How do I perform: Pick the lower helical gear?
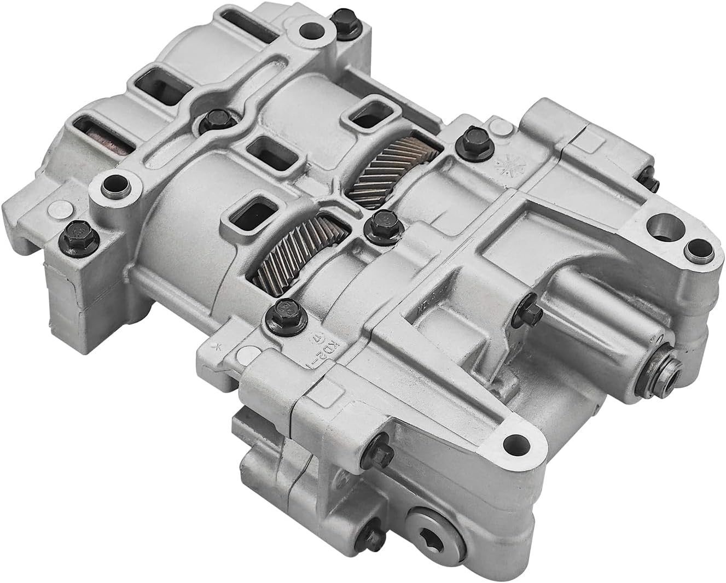click(297, 249)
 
